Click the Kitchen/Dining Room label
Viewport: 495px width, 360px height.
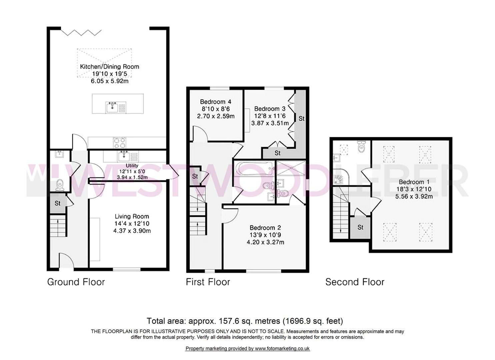point(109,66)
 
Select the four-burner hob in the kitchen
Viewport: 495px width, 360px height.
point(120,143)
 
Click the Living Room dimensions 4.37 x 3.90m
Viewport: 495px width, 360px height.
point(132,231)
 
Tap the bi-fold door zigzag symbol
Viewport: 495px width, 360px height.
point(81,32)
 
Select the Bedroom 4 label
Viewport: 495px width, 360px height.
point(215,102)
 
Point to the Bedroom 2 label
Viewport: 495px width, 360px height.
point(265,228)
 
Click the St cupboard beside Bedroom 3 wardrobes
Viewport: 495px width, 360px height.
point(301,118)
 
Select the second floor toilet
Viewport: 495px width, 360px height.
point(361,147)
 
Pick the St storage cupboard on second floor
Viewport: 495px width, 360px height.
point(360,227)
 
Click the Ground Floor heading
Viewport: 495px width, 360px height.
point(76,282)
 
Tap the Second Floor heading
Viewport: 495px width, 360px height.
point(355,282)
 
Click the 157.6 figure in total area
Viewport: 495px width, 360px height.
point(228,321)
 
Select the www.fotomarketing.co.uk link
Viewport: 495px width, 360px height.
point(282,349)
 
